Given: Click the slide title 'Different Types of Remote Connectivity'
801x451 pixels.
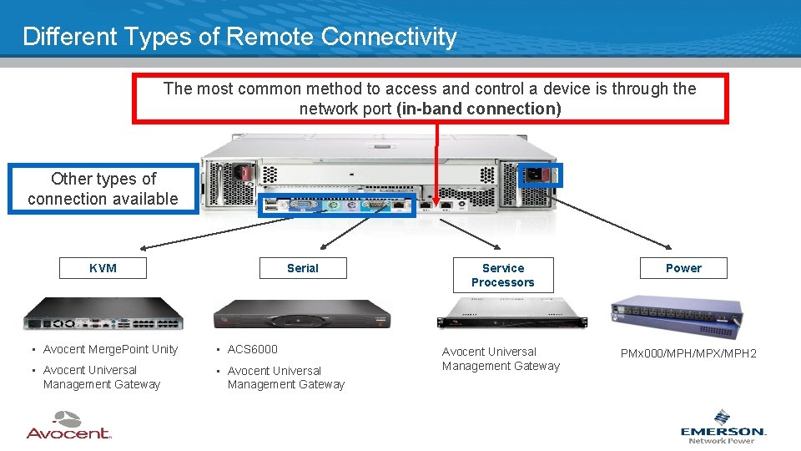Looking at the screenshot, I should pos(239,37).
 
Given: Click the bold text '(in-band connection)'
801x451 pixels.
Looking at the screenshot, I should pos(479,109).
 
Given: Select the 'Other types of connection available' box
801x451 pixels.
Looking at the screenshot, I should pos(103,189).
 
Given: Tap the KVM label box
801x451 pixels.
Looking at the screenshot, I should pos(103,268).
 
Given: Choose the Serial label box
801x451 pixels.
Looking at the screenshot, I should pos(302,268).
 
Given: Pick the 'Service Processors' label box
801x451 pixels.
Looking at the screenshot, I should pos(502,275).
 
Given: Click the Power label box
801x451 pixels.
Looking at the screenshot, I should pos(683,268).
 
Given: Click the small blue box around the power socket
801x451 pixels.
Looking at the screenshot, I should pos(540,175).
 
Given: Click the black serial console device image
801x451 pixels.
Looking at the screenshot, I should pos(302,317).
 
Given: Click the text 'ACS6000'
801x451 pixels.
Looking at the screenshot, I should pos(252,349).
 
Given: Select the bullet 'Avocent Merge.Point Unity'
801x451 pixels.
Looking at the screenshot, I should pos(110,349).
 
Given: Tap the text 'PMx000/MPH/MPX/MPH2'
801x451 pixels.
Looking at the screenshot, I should pos(688,353).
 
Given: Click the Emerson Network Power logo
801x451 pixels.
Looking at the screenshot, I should pos(723,427).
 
